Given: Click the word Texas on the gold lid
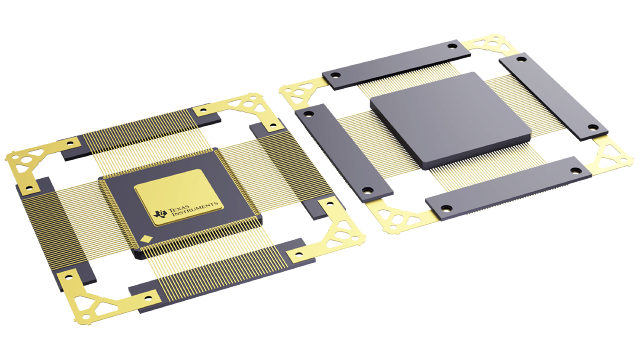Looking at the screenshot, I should pyautogui.click(x=179, y=203).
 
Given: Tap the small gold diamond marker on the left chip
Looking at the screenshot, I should pyautogui.click(x=148, y=238).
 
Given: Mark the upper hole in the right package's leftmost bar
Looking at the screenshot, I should pyautogui.click(x=308, y=117).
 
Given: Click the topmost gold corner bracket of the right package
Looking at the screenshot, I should pyautogui.click(x=489, y=45).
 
